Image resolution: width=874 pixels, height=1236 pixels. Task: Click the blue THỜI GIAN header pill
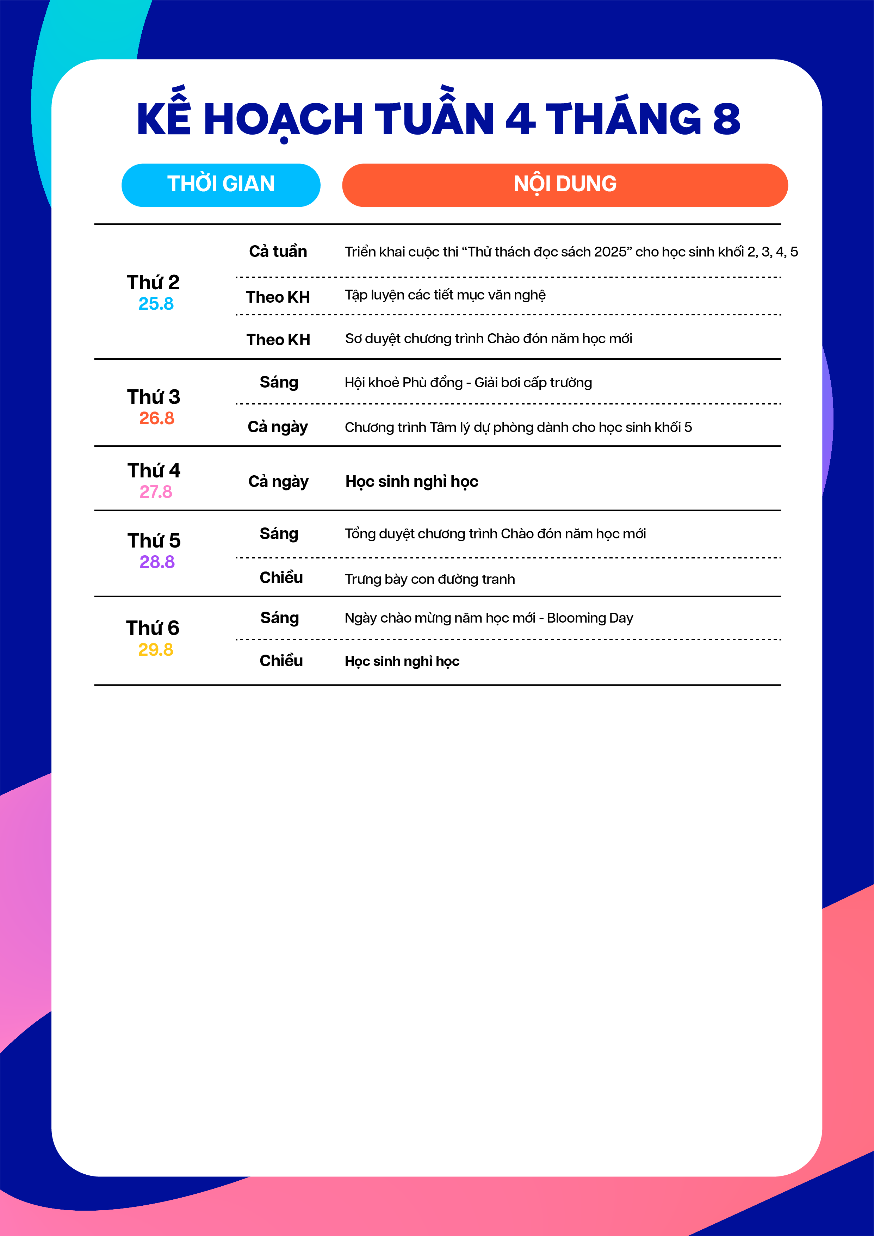221,185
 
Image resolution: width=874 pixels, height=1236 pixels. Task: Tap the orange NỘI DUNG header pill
565,185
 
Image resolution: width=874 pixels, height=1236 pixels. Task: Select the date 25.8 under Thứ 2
156,304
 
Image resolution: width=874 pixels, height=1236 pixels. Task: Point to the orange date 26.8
157,418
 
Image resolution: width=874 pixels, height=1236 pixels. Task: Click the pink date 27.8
156,492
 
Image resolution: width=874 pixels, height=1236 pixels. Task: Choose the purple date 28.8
157,562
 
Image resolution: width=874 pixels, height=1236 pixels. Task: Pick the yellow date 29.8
156,650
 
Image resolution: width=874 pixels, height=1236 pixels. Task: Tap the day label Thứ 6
153,628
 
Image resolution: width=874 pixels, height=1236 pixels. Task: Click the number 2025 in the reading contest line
610,252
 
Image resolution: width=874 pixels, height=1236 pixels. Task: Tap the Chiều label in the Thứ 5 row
281,577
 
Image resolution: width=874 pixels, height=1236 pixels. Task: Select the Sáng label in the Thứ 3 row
279,382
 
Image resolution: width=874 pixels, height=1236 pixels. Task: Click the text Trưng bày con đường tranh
429,579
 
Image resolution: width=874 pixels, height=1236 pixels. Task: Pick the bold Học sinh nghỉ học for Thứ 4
412,481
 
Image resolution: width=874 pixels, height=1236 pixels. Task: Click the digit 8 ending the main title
726,119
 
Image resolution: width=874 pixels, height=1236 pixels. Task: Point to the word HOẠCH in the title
283,119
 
